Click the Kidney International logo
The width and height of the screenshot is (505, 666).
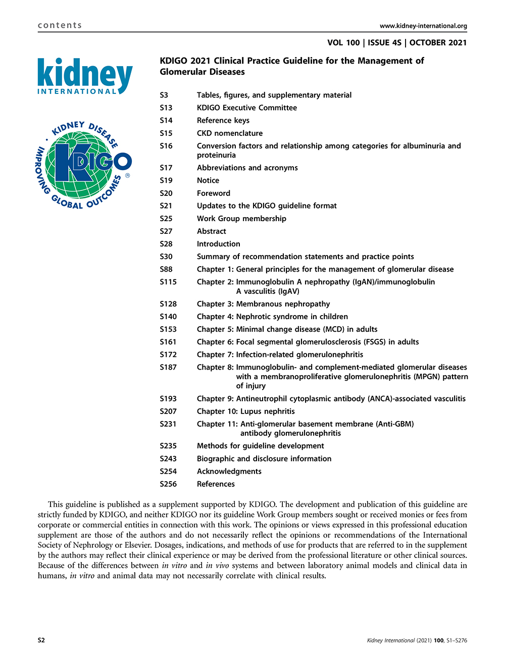[85, 76]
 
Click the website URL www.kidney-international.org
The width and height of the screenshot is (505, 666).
[423, 26]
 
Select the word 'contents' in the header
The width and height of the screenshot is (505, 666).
[60, 25]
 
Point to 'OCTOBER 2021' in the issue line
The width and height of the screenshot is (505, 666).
[438, 43]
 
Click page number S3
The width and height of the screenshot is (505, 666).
[164, 95]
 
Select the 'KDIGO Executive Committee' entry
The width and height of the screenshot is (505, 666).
[246, 108]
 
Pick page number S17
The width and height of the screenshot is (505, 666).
[166, 168]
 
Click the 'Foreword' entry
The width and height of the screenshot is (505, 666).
[213, 193]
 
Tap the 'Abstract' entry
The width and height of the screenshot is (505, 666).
[211, 231]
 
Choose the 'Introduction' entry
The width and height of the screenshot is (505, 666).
[218, 244]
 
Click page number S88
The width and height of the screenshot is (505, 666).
[166, 269]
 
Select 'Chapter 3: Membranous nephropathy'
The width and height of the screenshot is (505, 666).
[263, 304]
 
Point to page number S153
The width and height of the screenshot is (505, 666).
[168, 329]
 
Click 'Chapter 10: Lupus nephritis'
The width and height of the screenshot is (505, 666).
[245, 412]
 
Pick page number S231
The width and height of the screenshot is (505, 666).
[168, 424]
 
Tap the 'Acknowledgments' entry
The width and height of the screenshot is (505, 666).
[229, 471]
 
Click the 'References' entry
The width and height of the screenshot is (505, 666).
[216, 484]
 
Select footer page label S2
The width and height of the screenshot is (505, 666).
[41, 640]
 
